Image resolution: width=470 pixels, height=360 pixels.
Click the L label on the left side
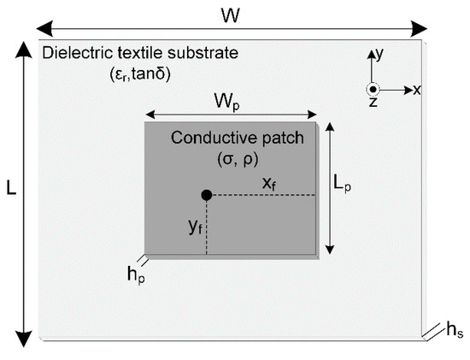tap(11, 190)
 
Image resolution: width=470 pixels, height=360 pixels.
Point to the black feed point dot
tap(207, 196)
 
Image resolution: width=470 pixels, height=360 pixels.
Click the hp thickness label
tap(134, 274)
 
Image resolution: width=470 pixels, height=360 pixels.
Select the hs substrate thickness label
tap(455, 332)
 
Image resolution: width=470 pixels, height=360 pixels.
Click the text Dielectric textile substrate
tap(141, 55)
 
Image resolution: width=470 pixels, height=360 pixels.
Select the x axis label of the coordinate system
tap(417, 90)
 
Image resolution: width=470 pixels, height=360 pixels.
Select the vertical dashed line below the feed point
tap(207, 227)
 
